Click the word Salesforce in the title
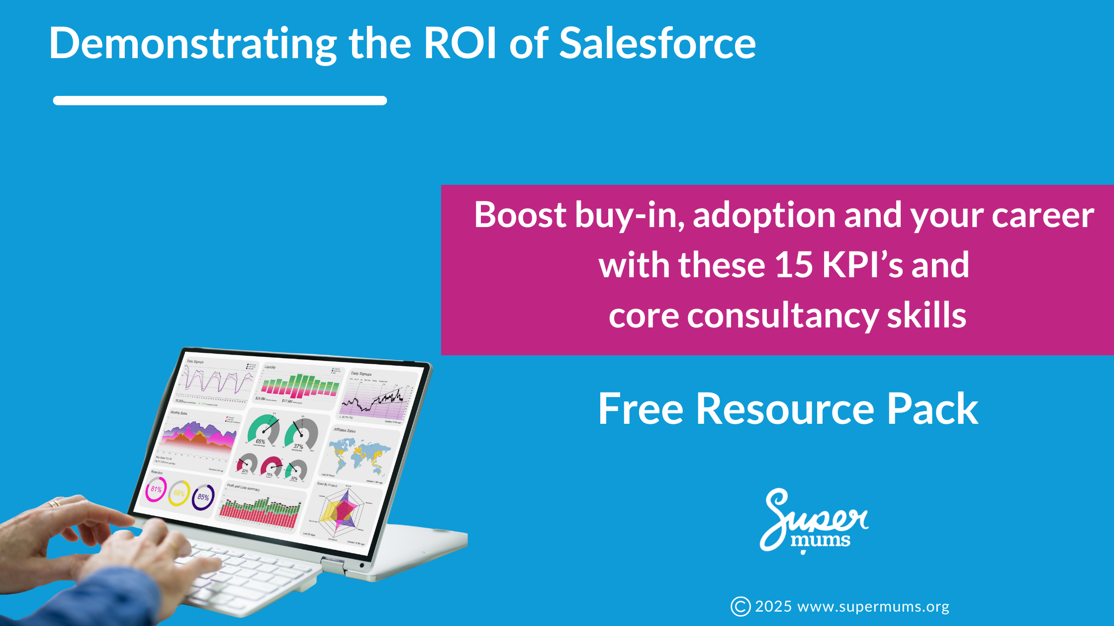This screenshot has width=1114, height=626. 657,43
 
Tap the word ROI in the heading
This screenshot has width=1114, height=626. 460,43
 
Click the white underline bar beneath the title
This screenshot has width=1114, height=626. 220,100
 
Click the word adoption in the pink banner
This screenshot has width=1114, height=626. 764,216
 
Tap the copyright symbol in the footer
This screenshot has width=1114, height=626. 740,607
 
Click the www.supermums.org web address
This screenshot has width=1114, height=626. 873,607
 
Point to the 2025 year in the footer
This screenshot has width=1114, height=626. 773,607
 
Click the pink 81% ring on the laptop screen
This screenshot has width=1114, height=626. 156,489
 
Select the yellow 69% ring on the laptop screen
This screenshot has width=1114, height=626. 179,493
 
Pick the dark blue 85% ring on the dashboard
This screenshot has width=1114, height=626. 203,497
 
